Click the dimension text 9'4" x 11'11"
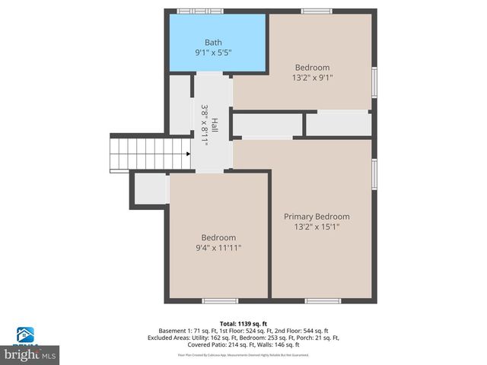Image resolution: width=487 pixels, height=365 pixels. (218, 248)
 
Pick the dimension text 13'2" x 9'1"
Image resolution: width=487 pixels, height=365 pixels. (312, 78)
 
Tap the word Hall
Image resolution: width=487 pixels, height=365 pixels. (215, 125)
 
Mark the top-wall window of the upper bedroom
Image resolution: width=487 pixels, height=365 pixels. (316, 11)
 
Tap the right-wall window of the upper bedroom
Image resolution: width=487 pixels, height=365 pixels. (374, 83)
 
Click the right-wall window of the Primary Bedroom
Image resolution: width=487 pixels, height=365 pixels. (374, 173)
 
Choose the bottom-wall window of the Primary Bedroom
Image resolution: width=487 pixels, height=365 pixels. (323, 301)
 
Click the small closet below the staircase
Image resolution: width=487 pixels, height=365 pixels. (151, 189)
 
